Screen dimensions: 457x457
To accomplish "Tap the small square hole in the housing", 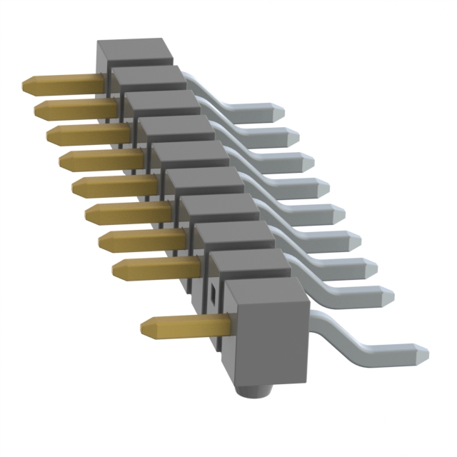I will point(212,293).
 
